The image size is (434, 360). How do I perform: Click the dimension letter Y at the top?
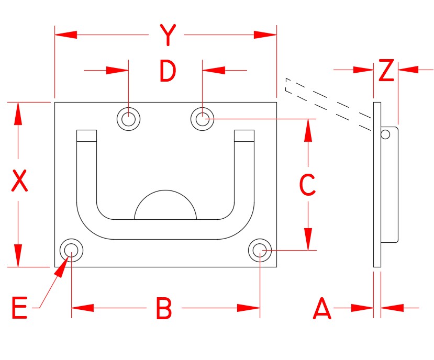(166, 36)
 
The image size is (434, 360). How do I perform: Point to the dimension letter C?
(307, 184)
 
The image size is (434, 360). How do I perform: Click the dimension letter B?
(164, 308)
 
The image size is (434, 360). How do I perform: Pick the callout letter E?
(19, 308)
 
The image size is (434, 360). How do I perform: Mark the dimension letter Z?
(386, 71)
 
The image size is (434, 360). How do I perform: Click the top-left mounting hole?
(128, 119)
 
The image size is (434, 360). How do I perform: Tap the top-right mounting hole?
(202, 119)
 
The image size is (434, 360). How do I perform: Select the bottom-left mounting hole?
(71, 251)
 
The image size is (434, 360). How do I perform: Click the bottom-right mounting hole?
(260, 251)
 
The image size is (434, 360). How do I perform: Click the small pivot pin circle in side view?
(385, 134)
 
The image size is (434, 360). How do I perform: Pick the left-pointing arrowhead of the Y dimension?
(66, 35)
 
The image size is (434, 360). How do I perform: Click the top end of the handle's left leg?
(87, 136)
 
